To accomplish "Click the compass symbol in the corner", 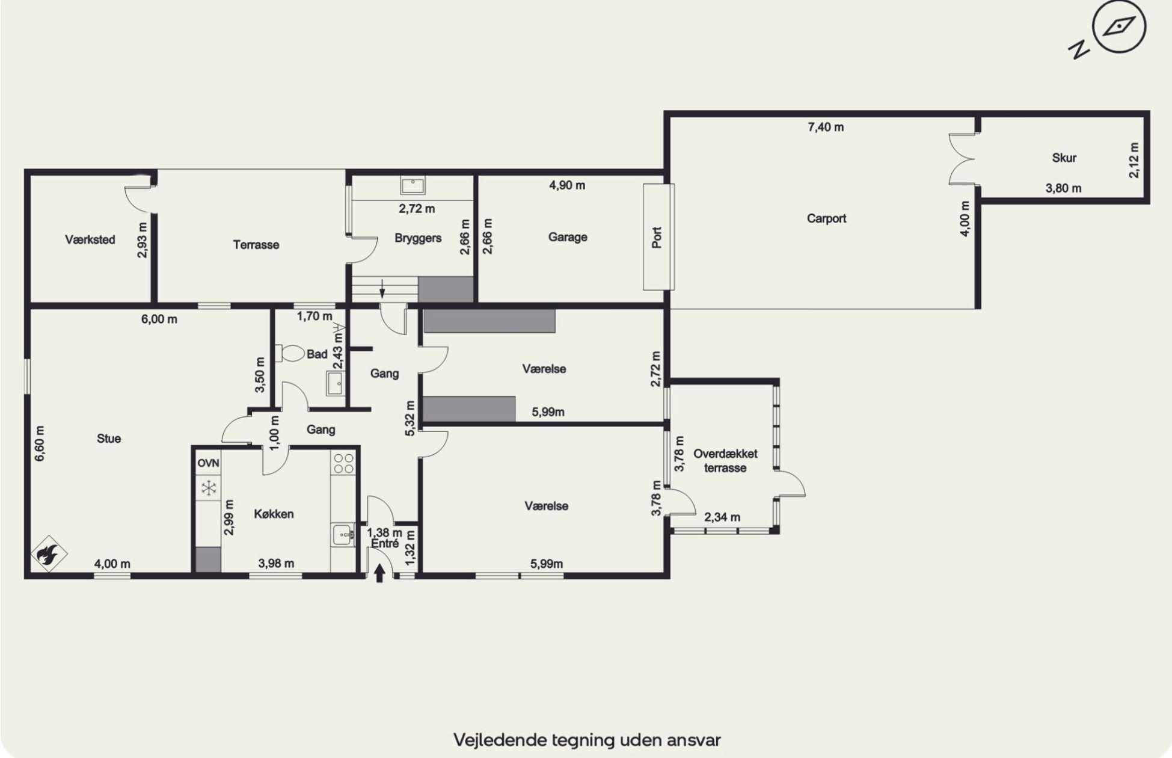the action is (x=1119, y=28).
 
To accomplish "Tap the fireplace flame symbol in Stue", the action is (x=49, y=553).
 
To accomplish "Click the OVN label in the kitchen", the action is (x=208, y=463).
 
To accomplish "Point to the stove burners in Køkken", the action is (x=343, y=463).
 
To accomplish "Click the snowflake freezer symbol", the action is (x=208, y=488).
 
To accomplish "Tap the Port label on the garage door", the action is (x=657, y=237).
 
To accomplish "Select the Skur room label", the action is (x=1064, y=158).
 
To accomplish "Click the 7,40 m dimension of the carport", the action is (x=826, y=127).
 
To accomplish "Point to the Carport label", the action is (x=826, y=218).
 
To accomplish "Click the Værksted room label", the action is (x=90, y=239).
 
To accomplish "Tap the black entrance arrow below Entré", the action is (x=379, y=573).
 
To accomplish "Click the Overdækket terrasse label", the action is (x=725, y=461).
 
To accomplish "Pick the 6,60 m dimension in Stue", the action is (x=40, y=443).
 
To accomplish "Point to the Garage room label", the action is (x=568, y=237).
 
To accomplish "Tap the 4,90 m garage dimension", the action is (x=567, y=185).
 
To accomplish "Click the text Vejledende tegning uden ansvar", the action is (x=587, y=739).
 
